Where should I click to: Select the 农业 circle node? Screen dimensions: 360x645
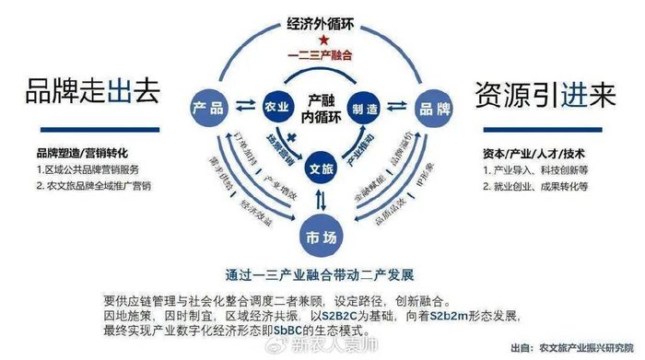[272, 107]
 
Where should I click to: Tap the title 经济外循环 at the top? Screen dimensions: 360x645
[321, 24]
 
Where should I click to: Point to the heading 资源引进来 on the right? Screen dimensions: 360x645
[545, 96]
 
